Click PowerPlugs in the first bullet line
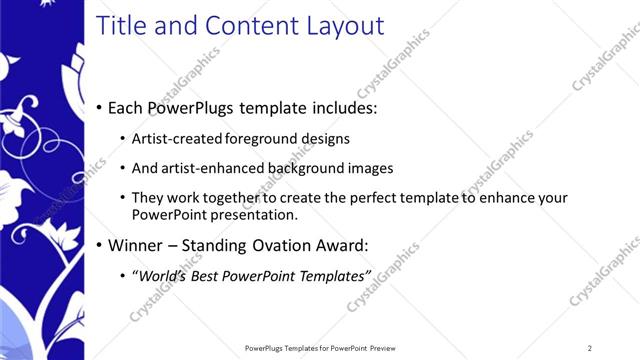[x=196, y=107]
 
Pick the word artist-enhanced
[x=210, y=168]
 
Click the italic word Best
[x=208, y=275]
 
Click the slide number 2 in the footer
[x=590, y=348]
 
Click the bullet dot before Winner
[x=100, y=245]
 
